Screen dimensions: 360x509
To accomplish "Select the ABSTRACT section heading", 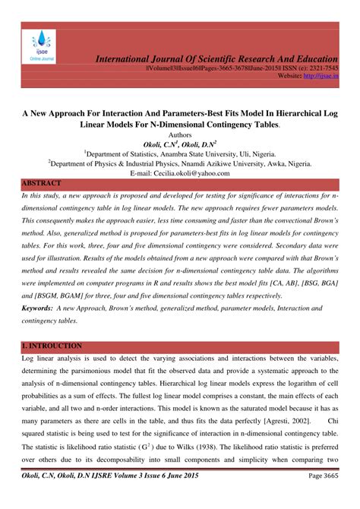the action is click(42, 184).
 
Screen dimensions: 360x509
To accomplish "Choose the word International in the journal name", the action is click(128, 58).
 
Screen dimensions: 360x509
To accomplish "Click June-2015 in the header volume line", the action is click(235, 68).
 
